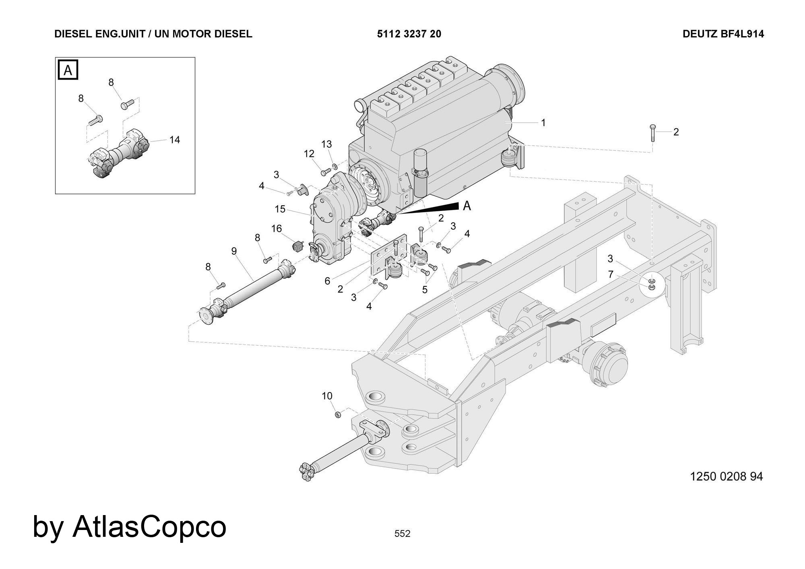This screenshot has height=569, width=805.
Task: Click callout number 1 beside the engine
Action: point(543,123)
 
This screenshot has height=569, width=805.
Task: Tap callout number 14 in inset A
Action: point(174,140)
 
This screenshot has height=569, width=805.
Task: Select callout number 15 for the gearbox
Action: point(280,209)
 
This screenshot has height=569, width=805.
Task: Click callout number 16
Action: point(277,229)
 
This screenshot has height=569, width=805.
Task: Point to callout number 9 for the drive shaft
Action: point(234,251)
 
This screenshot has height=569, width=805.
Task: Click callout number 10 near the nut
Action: point(327,396)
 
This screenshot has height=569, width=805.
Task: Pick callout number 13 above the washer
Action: point(326,144)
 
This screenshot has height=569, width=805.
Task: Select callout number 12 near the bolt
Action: point(309,154)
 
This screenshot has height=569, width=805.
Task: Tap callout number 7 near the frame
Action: point(611,274)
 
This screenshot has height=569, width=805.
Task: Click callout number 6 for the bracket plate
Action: point(327,281)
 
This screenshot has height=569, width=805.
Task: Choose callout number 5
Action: point(425,289)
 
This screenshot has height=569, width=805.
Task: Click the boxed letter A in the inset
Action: point(68,70)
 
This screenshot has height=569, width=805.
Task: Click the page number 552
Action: point(402,534)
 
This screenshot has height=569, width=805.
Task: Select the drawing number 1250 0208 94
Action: point(726,476)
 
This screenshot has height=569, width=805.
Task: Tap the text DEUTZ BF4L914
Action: point(723,34)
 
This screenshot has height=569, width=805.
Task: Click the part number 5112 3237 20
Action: point(409,34)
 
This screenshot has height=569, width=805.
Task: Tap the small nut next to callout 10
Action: point(338,414)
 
